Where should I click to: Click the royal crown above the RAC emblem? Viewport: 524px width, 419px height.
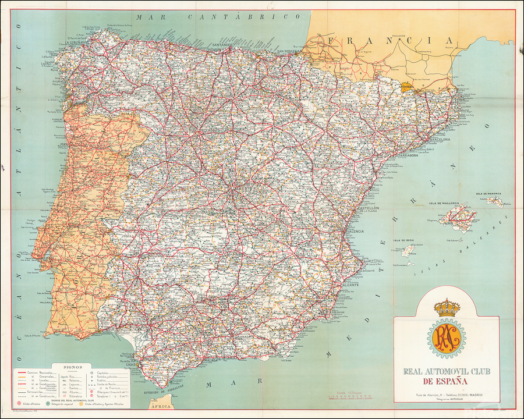point(447,308)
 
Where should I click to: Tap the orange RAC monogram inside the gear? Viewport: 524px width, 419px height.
point(447,339)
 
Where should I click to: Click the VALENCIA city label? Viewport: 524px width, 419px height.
point(355,231)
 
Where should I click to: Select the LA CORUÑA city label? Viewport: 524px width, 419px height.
point(76,42)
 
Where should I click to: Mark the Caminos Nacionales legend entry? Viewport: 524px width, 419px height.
point(40,372)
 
